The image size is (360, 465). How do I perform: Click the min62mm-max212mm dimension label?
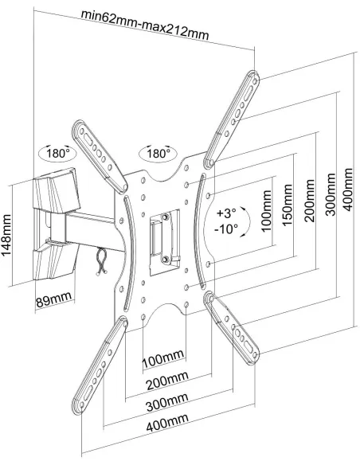(x=145, y=25)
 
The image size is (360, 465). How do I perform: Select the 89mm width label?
(x=54, y=299)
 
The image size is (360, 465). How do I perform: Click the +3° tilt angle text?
(x=226, y=213)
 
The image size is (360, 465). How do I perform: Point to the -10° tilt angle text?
(x=226, y=229)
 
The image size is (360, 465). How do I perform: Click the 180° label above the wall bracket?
(x=58, y=154)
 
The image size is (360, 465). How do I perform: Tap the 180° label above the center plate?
(x=158, y=154)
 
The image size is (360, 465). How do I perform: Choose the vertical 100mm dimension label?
(x=267, y=211)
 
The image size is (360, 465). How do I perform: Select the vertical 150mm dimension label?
(x=287, y=205)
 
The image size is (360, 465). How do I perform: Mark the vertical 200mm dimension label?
(x=309, y=201)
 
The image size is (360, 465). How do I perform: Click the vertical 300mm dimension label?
(x=331, y=195)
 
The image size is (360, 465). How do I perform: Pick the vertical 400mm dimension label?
(x=348, y=190)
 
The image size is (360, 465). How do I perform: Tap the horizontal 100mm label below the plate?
(x=163, y=358)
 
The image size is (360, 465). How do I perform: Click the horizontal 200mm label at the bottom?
(x=167, y=380)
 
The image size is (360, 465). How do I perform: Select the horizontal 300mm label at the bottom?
(x=167, y=401)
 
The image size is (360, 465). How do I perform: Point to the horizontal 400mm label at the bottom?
(x=167, y=422)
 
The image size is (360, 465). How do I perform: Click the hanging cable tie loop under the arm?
(x=101, y=262)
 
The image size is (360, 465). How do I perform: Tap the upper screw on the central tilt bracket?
(x=165, y=217)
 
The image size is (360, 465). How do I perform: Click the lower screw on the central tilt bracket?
(x=165, y=260)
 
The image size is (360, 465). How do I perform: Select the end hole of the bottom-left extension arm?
(x=82, y=405)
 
